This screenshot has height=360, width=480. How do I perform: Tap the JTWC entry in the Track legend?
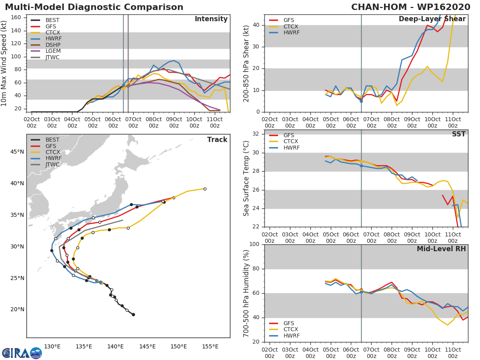[x=52, y=164]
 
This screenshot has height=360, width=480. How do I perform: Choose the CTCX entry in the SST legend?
[x=290, y=142]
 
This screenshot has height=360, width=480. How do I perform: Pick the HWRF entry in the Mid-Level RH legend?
[x=291, y=336]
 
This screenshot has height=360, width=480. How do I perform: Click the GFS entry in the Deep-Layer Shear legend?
[x=288, y=20]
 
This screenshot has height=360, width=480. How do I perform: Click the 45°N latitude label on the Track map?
[x=17, y=152]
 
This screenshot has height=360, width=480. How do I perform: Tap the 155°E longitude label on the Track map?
[x=210, y=346]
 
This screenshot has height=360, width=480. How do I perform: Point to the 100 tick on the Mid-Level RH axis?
[x=254, y=244]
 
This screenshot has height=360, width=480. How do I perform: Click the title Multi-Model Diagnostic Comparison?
[x=94, y=7]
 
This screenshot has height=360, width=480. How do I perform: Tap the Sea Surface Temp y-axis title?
[x=247, y=178]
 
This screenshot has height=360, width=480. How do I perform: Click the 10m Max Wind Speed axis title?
[x=5, y=64]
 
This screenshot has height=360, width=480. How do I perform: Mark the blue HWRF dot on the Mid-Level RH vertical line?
[x=361, y=292]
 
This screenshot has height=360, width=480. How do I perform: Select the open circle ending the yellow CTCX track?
[x=205, y=189]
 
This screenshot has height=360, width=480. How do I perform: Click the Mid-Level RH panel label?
[x=441, y=249]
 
